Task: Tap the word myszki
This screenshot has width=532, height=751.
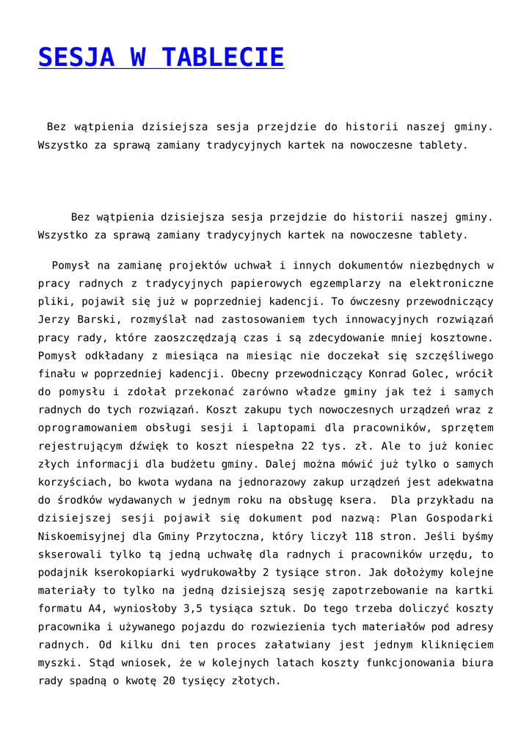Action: [57, 663]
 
